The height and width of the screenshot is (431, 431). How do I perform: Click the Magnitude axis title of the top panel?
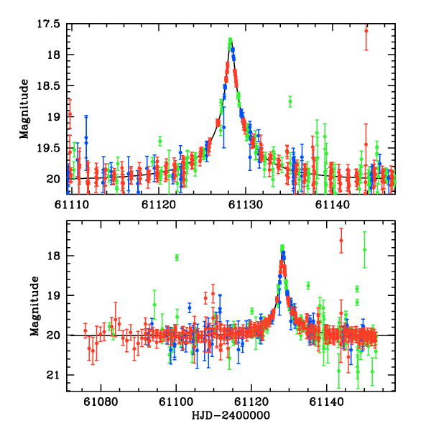[x=24, y=108]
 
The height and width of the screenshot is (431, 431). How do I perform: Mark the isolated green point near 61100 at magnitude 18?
[x=177, y=257]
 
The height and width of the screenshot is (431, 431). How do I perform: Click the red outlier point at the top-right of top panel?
[x=366, y=30]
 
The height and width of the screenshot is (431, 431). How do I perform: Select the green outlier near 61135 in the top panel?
[x=290, y=101]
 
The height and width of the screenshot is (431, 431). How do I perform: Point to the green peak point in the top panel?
[x=230, y=40]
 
